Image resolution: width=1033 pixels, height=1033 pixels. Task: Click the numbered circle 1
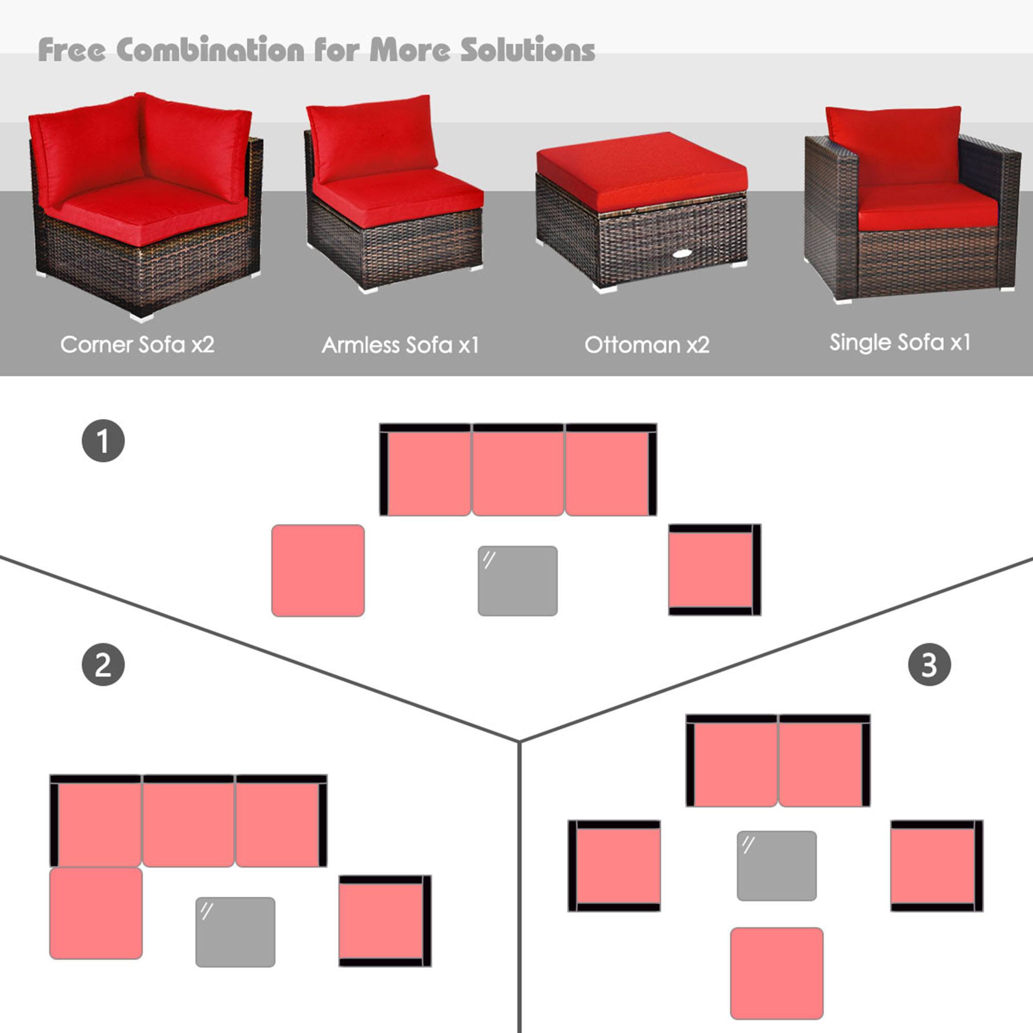tap(103, 441)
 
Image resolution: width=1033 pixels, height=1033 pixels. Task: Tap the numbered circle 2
tap(103, 665)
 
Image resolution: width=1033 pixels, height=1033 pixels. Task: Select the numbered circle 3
tap(929, 665)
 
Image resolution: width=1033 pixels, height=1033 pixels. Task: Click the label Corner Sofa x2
tap(137, 345)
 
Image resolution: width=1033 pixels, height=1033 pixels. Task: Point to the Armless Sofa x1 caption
tap(400, 345)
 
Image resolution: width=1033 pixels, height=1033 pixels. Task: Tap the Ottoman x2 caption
tap(647, 345)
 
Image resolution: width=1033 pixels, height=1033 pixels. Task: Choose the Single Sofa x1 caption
tap(900, 342)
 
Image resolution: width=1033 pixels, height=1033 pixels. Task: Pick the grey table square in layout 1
tap(518, 581)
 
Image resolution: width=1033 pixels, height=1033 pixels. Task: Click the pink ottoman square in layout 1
tap(318, 571)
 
